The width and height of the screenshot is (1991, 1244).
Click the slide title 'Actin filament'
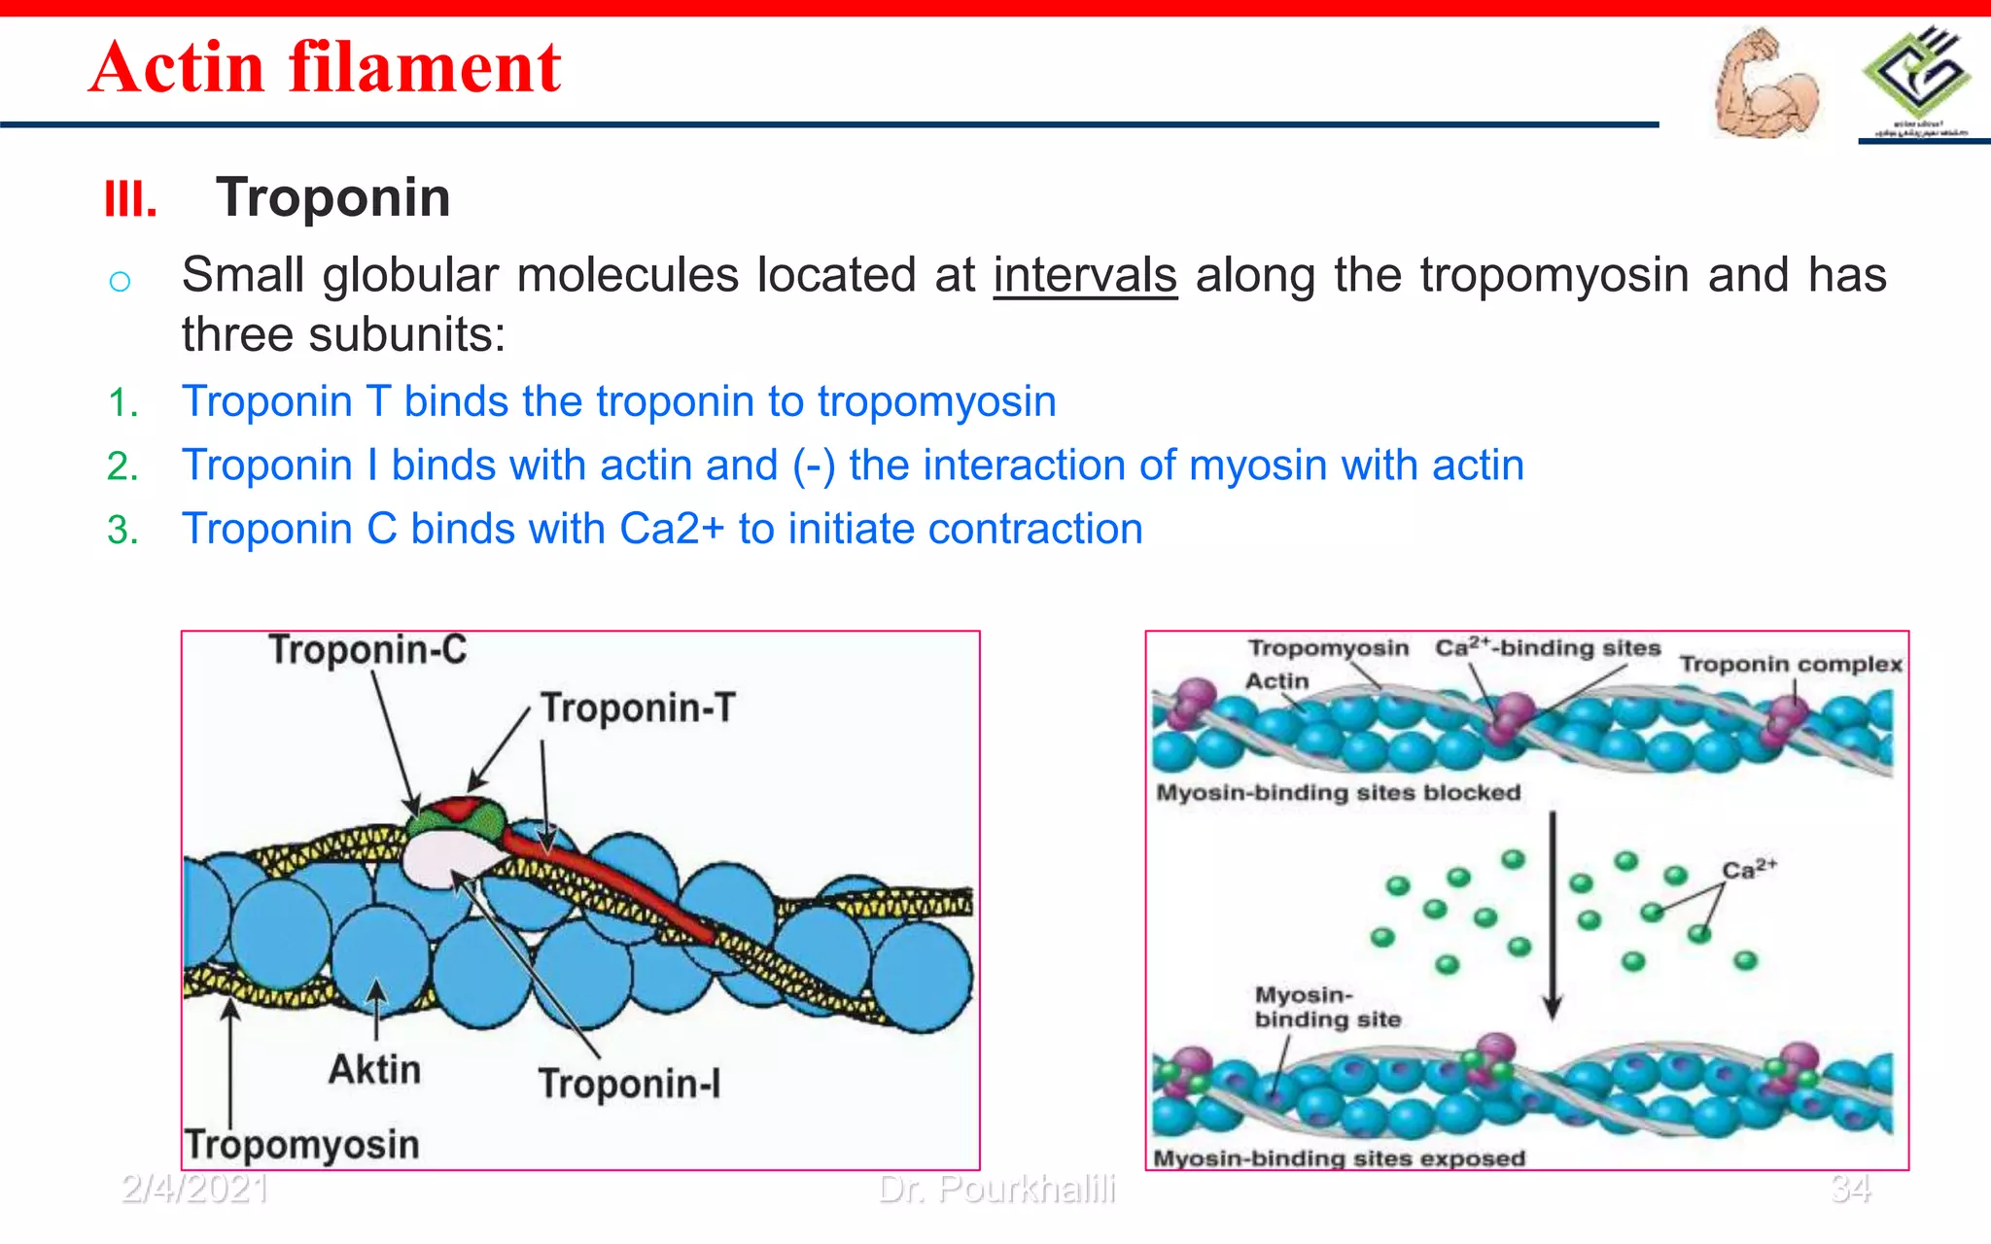coord(325,67)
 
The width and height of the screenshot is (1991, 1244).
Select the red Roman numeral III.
coord(130,200)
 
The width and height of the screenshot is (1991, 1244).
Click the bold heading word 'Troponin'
coord(333,197)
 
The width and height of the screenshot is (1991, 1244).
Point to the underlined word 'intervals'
coord(1085,275)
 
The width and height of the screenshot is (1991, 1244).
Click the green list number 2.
coord(122,466)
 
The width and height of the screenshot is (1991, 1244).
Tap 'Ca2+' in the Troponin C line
coord(672,530)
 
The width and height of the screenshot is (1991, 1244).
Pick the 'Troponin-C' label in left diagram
coord(367,650)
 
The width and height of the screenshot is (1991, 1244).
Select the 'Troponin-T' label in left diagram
coord(638,708)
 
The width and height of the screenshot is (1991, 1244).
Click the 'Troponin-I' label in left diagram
coord(629,1084)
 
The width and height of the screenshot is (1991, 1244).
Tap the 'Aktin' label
coord(374,1069)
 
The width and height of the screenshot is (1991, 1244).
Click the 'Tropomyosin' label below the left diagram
coord(302,1145)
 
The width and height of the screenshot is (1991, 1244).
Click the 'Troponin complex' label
coord(1791,664)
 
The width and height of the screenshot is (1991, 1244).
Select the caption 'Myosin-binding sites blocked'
coord(1338,793)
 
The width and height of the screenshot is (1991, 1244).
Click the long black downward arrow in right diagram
coord(1553,914)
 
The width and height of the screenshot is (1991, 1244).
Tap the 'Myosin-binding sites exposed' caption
coord(1339,1158)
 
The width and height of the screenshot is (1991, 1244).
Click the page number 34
coord(1850,1189)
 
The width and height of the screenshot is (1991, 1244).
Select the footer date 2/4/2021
coord(194,1189)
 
